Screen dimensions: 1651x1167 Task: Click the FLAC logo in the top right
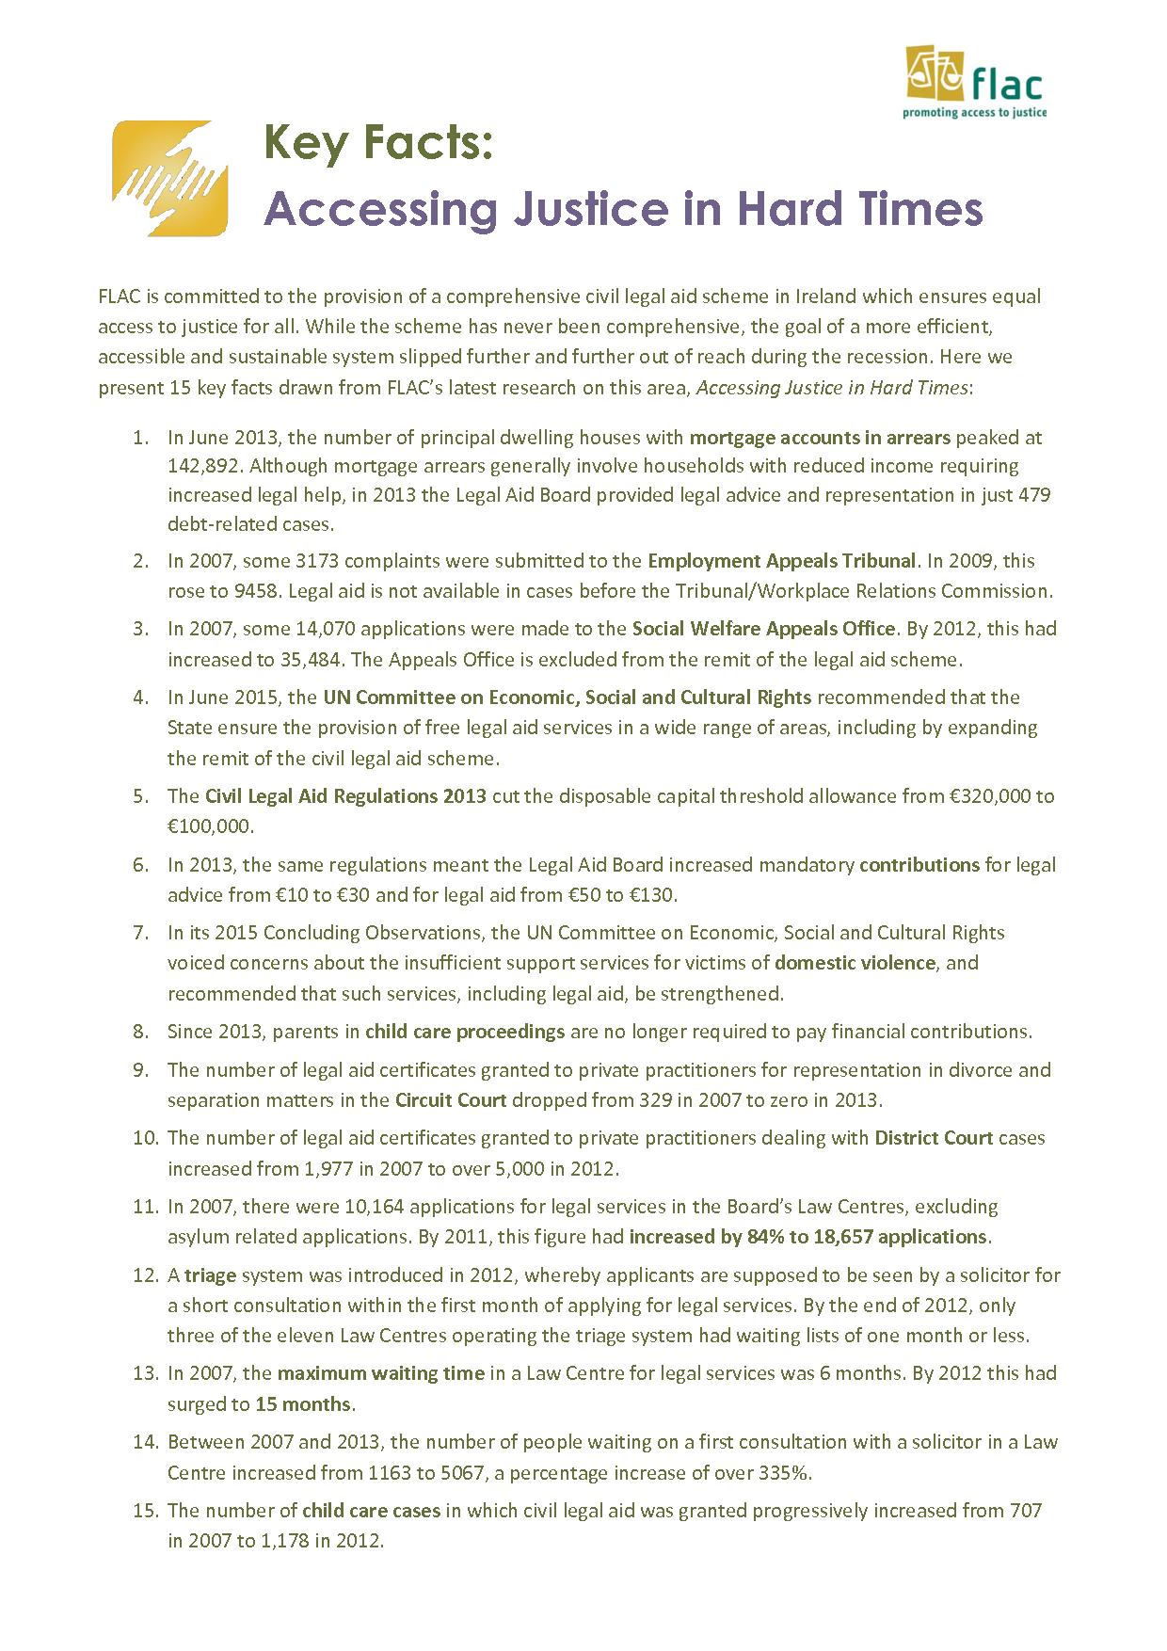(x=975, y=77)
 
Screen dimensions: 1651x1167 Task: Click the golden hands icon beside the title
(x=169, y=178)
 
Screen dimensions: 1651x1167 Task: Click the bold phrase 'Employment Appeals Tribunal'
(x=781, y=561)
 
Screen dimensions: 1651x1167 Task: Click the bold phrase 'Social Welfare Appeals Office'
(x=762, y=629)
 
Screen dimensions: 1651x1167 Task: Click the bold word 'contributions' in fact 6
(x=919, y=864)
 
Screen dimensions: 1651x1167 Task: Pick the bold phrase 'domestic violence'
(x=855, y=963)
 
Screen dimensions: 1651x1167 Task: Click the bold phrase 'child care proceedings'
(x=464, y=1032)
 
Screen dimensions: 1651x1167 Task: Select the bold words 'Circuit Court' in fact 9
(x=451, y=1100)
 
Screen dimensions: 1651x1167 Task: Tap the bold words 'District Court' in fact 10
(x=933, y=1138)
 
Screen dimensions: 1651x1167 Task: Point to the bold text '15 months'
(x=303, y=1404)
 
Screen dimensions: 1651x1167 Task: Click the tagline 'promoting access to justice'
(x=974, y=112)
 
